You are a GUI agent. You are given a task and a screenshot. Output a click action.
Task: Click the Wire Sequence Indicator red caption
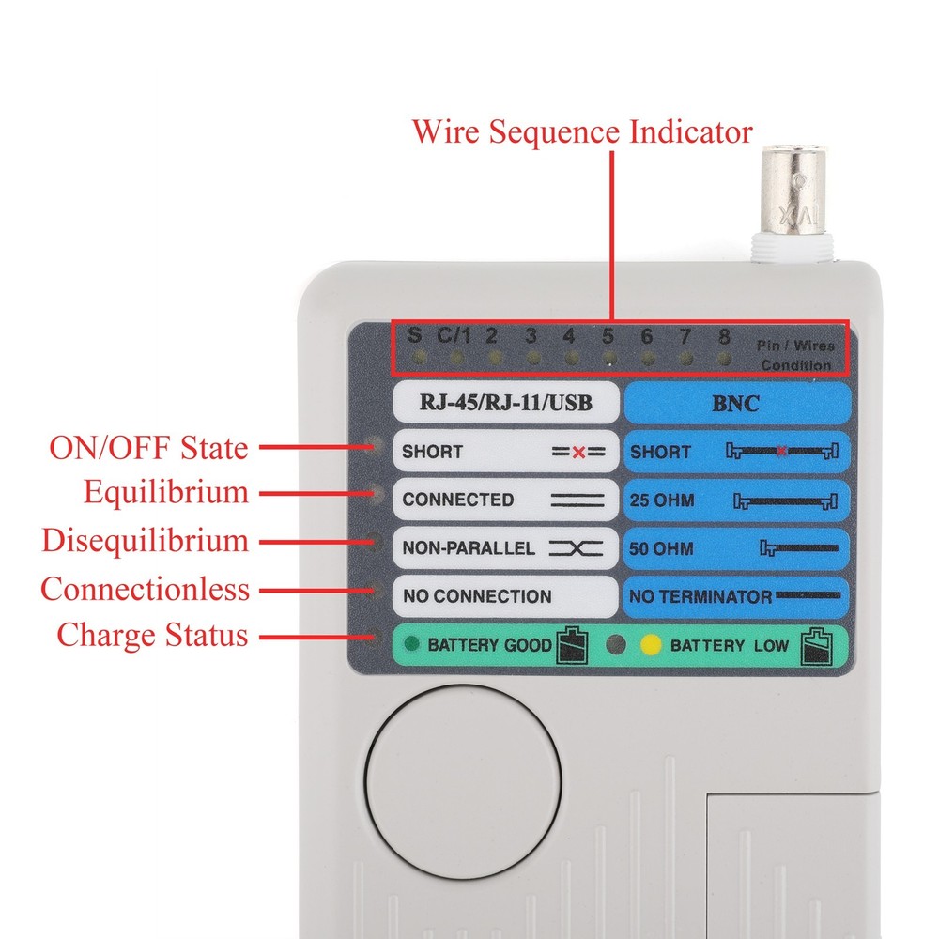(582, 131)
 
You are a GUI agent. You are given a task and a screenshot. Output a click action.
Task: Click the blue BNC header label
(736, 403)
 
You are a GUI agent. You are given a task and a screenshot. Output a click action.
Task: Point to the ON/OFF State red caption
(149, 448)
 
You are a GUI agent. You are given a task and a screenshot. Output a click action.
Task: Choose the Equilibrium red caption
(166, 493)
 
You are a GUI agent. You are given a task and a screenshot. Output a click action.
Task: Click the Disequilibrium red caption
(145, 542)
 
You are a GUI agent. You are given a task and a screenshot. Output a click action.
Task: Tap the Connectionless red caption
(145, 591)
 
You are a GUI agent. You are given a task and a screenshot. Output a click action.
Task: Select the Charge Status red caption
(152, 635)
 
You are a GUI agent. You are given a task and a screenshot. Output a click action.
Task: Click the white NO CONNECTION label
(503, 596)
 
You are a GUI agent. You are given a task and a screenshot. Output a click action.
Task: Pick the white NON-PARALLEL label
(503, 547)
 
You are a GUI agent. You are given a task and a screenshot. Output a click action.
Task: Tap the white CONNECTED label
(503, 500)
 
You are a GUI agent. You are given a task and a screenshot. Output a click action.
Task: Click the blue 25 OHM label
(736, 500)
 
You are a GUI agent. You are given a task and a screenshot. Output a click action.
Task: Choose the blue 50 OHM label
(736, 547)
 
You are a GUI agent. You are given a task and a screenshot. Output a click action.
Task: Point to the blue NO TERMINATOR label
(736, 596)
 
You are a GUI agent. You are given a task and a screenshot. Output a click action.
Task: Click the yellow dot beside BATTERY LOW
(650, 645)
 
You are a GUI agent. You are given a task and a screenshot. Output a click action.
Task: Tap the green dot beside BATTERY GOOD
(410, 644)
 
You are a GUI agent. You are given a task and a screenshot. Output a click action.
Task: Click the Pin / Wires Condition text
(795, 355)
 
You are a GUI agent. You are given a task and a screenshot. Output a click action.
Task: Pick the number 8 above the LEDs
(724, 336)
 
